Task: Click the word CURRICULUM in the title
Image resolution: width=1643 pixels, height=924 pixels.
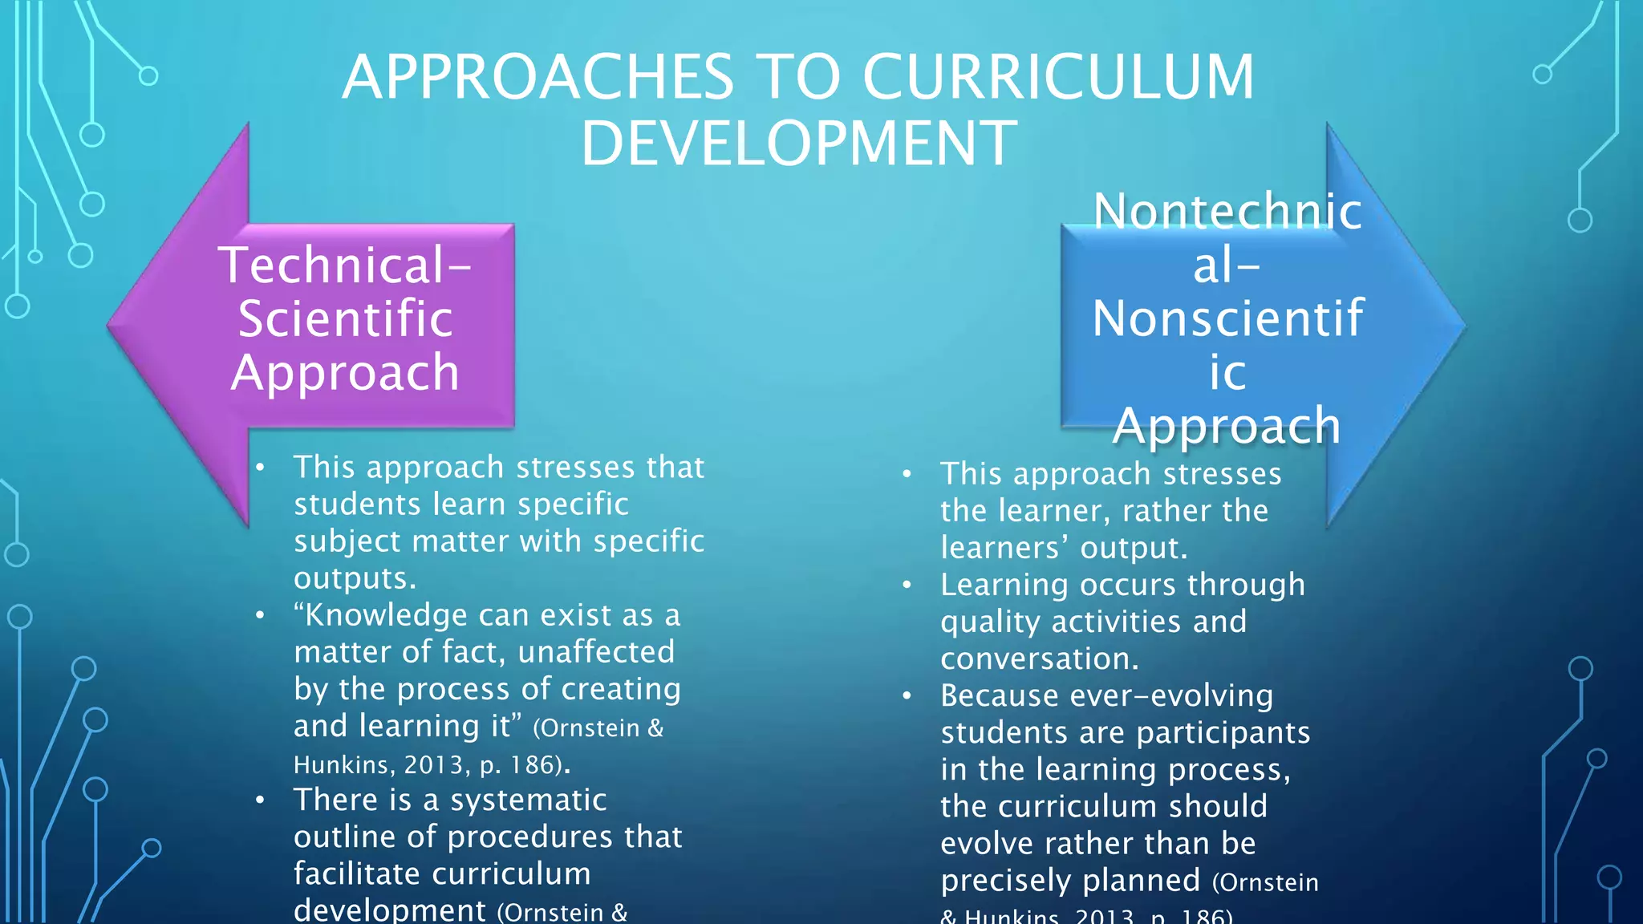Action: (1057, 77)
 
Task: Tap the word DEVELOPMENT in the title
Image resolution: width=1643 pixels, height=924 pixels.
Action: (799, 144)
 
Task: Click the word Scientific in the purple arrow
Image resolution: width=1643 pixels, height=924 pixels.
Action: (346, 318)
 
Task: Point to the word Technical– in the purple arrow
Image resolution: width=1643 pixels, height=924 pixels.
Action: (345, 265)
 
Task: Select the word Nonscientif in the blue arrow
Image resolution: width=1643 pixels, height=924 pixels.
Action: (1227, 318)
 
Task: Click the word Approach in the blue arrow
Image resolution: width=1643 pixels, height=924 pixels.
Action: (1227, 425)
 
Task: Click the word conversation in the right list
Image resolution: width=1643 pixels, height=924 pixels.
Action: (1039, 659)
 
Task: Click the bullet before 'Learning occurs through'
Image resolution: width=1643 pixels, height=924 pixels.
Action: (907, 586)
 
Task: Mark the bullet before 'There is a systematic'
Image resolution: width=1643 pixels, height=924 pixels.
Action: (260, 800)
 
